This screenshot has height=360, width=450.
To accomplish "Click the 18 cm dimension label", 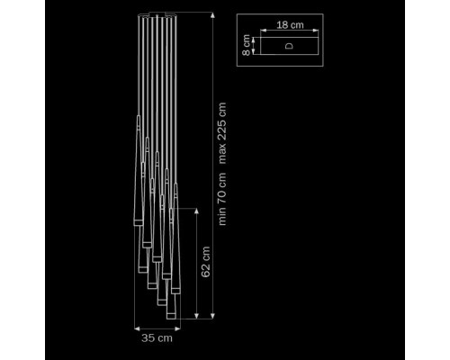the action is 290,25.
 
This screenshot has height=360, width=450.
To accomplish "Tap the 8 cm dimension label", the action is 247,45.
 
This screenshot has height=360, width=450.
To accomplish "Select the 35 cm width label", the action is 157,338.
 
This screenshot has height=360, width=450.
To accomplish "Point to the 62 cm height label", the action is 206,262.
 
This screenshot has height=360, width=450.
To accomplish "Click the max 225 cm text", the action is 222,133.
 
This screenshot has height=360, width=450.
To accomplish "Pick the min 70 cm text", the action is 222,199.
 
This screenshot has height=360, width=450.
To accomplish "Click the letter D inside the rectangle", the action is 289,46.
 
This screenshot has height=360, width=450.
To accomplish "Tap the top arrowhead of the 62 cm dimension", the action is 196,211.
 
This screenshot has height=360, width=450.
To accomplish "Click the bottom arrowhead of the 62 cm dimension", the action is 196,316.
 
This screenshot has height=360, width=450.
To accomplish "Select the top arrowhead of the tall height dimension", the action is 212,15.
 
